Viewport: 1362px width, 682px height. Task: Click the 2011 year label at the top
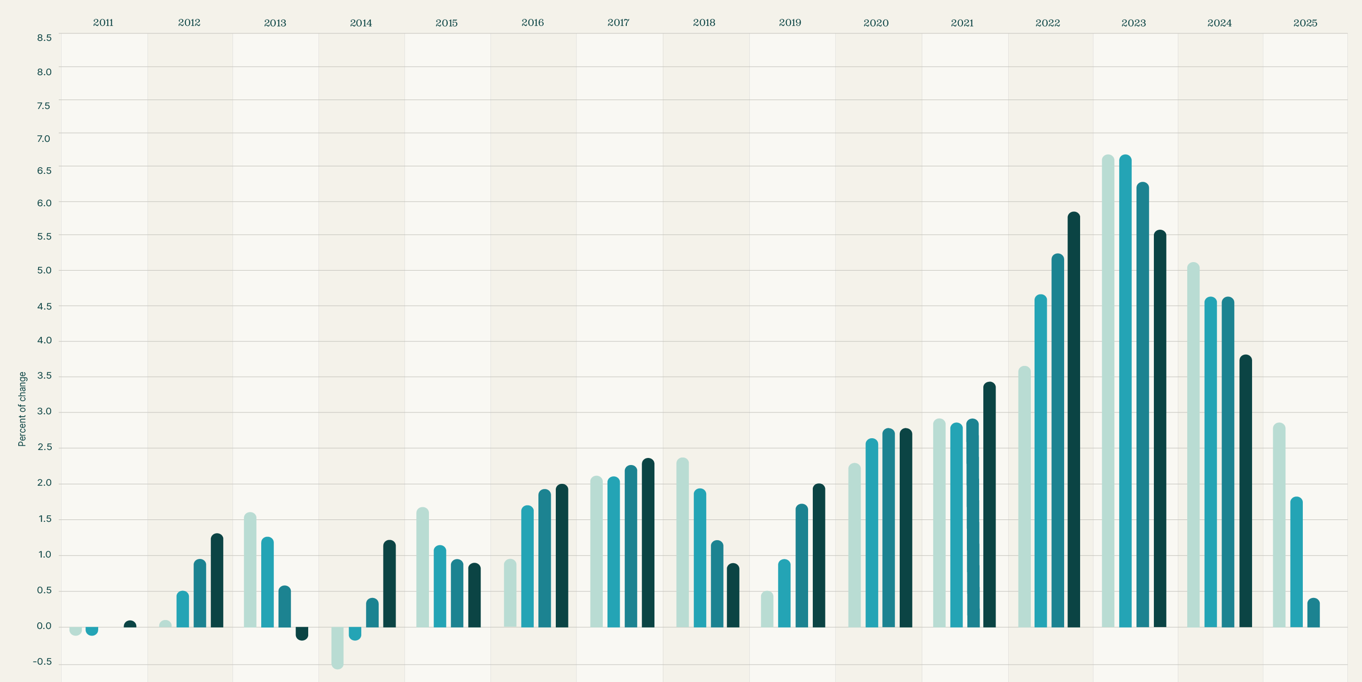pos(103,23)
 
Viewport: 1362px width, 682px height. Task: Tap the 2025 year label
pos(1305,23)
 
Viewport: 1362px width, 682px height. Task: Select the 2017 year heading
pos(618,23)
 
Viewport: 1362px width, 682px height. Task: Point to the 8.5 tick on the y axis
pos(45,38)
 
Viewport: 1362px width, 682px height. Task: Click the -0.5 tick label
pos(42,661)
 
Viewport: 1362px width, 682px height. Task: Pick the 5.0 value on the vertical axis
pos(45,270)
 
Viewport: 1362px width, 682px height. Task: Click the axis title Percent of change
pos(22,409)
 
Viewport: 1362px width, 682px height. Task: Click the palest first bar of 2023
pos(1108,391)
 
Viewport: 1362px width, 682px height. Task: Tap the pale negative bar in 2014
pos(337,648)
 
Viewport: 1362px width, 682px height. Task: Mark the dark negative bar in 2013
pos(302,633)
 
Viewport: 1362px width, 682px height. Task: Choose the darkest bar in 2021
pos(989,504)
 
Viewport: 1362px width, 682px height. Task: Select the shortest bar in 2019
pos(767,609)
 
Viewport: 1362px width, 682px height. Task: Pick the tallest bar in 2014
pos(389,584)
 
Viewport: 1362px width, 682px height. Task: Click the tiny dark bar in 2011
pos(130,624)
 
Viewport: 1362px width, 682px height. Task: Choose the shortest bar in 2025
pos(1313,613)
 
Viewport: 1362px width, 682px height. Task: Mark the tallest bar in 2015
pos(422,567)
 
